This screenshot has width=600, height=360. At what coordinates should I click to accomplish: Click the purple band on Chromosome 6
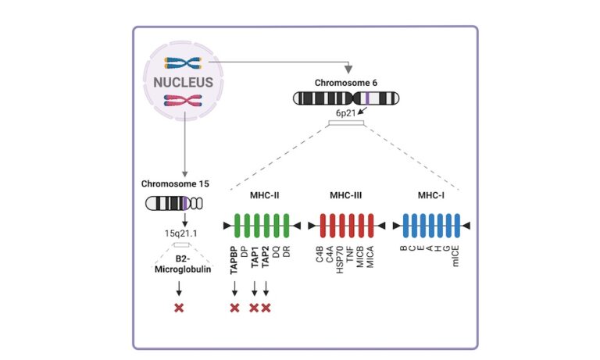coord(366,98)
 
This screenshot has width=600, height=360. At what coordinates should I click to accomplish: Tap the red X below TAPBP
coord(234,308)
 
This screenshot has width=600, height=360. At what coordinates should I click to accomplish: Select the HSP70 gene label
coord(341,258)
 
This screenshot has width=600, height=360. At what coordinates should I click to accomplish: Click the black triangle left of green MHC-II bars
coord(227,226)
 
